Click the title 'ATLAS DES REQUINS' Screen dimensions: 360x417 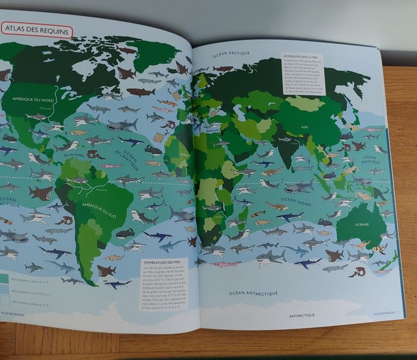[x=37, y=30]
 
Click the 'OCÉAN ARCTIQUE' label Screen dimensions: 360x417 [x=232, y=54]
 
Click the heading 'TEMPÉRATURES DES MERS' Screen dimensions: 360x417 [x=161, y=262]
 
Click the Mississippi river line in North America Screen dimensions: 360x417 [x=57, y=105]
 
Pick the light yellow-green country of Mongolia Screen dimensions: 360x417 [x=304, y=104]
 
